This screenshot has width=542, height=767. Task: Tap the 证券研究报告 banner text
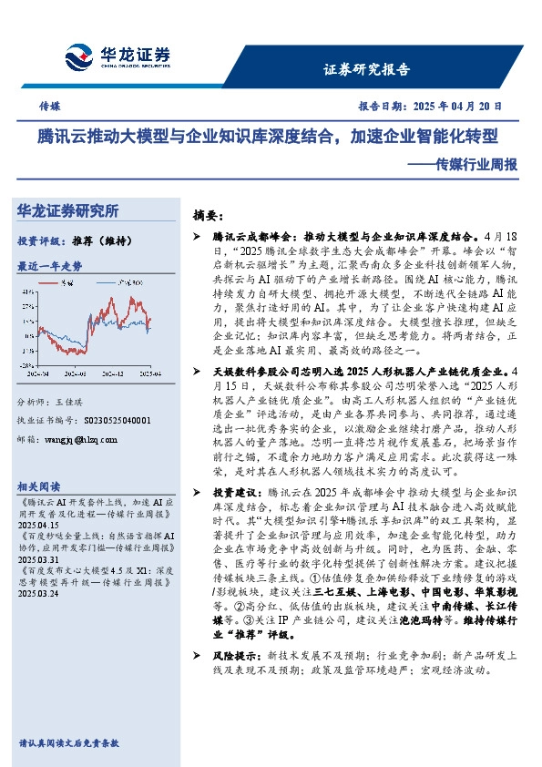coord(367,69)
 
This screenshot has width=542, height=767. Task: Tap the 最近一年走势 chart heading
coord(50,266)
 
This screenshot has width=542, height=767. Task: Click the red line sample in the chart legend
coord(66,283)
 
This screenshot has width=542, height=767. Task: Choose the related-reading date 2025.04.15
coord(38,526)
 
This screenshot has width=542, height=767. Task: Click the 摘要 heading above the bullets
coord(209,216)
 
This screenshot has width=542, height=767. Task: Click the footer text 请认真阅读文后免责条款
coord(69,743)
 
